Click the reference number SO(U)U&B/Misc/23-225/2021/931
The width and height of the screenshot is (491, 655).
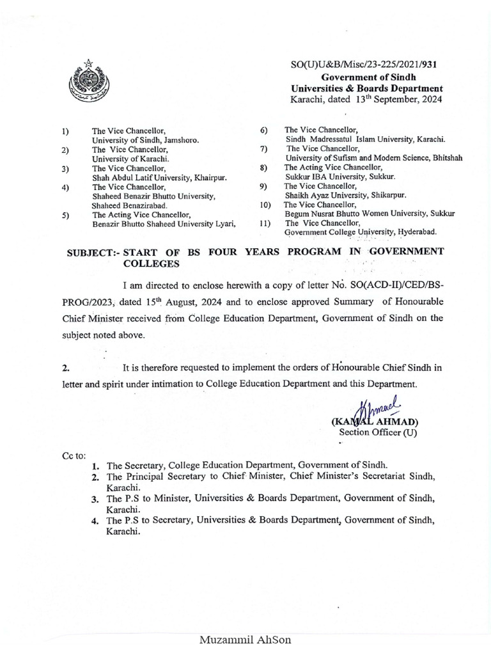(364, 65)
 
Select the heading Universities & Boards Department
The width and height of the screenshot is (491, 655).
(367, 88)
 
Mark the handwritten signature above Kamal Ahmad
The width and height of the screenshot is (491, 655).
(377, 409)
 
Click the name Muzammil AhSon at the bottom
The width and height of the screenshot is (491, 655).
(245, 640)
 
